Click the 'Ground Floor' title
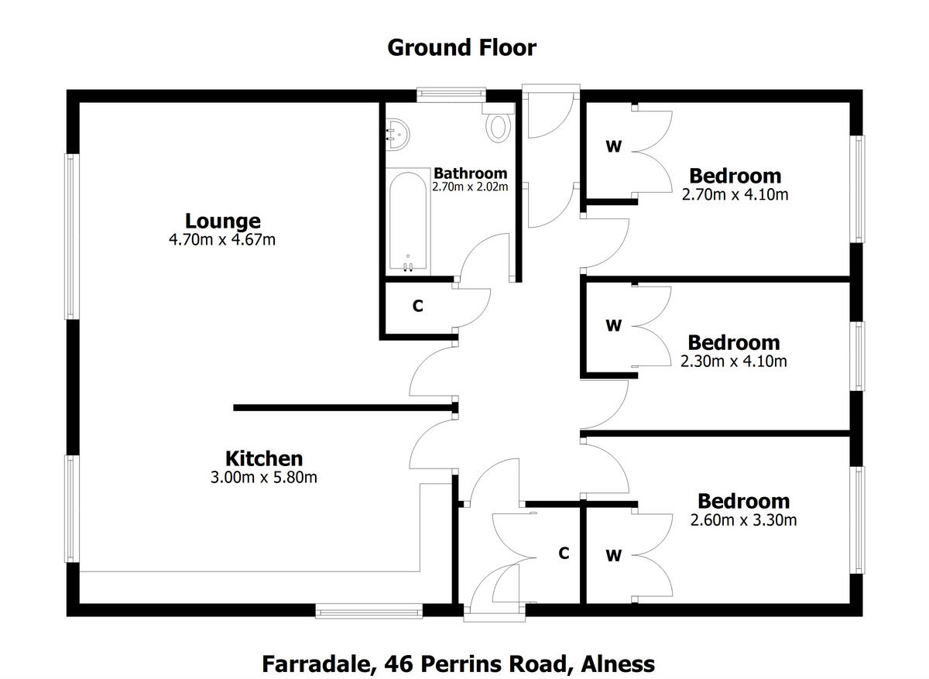click(461, 48)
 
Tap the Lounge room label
click(222, 221)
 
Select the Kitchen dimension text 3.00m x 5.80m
click(263, 477)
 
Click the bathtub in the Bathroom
click(408, 221)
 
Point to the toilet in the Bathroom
click(499, 125)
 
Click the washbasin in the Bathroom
click(396, 133)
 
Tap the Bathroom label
click(470, 173)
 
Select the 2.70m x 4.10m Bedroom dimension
click(735, 194)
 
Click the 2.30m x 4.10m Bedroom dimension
click(733, 361)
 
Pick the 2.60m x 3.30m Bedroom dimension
click(743, 520)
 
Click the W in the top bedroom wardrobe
click(613, 146)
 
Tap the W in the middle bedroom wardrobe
click(613, 326)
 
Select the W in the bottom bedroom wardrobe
click(613, 555)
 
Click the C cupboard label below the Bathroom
click(418, 307)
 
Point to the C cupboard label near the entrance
click(564, 554)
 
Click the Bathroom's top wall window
click(451, 95)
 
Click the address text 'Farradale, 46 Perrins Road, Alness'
click(458, 664)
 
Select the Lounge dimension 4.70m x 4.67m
click(222, 240)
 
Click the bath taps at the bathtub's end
click(408, 266)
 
